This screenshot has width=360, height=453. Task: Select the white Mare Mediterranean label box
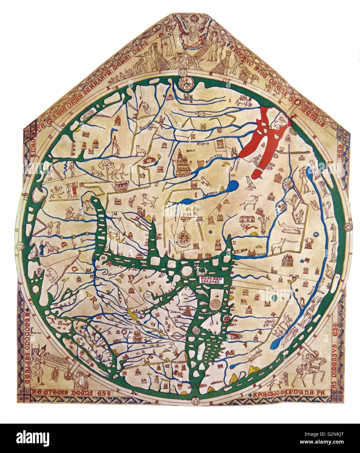(211, 281)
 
